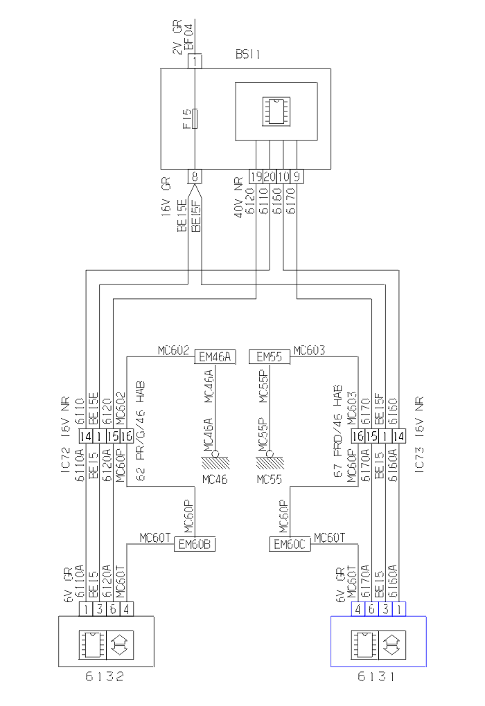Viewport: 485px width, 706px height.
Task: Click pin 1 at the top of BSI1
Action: coord(196,61)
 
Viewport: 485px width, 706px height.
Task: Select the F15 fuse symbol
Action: coord(196,118)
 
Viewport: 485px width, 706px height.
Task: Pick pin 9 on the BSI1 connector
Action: coord(297,176)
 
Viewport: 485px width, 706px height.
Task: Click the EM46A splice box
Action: coord(215,357)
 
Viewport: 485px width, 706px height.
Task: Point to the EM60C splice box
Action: coord(290,545)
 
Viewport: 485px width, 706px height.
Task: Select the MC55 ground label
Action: coord(269,478)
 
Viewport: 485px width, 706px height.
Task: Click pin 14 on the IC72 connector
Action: coord(85,437)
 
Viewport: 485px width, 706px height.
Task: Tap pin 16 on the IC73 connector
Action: coord(358,437)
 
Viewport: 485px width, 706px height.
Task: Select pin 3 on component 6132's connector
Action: coord(99,609)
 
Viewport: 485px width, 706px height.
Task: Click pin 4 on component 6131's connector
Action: coord(358,609)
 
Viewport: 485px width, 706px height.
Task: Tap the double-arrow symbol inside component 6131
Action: coord(392,642)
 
